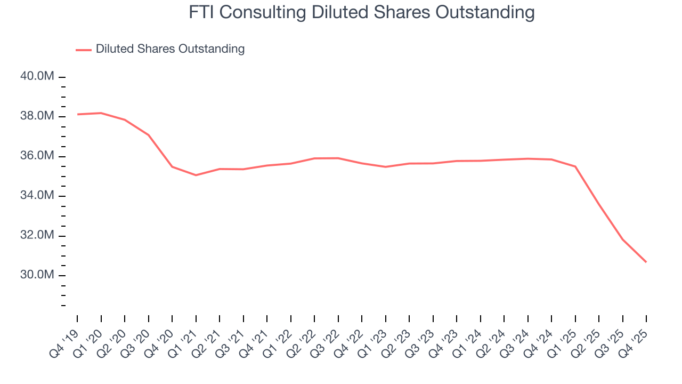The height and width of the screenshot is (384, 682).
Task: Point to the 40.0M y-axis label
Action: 37,77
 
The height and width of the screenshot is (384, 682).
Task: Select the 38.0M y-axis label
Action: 37,116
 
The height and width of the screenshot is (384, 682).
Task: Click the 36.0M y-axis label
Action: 37,156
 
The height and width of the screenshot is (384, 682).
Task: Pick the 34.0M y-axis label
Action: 37,196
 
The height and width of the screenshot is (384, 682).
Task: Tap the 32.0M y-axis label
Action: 37,236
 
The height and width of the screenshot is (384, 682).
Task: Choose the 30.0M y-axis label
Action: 37,275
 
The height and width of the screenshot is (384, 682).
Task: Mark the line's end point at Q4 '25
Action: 646,262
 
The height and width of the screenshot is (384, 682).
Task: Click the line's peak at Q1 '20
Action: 101,113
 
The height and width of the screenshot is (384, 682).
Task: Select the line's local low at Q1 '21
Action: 196,175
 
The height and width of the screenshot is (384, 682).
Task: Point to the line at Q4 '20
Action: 172,167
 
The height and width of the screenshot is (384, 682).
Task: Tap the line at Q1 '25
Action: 575,166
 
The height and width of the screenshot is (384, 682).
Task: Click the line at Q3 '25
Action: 622,239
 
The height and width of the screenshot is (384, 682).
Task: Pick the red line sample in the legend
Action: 84,50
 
